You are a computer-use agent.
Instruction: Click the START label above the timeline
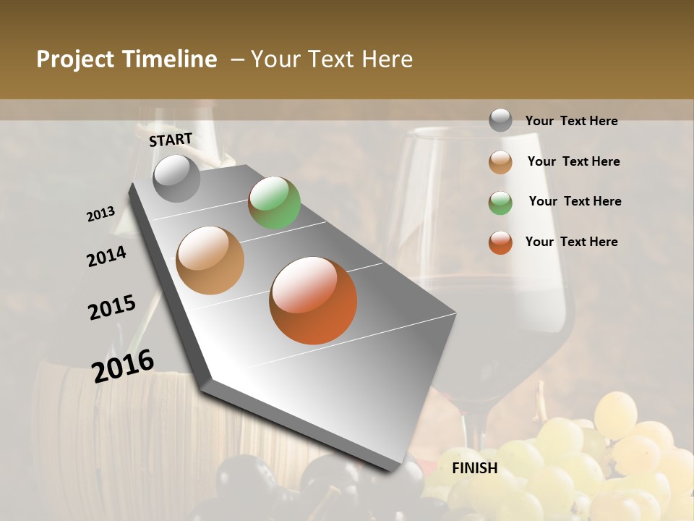pos(171,139)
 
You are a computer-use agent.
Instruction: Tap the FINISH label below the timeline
pos(475,468)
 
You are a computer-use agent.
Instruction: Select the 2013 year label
pos(100,214)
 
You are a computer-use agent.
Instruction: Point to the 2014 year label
pos(106,256)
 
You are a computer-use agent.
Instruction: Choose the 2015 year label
pos(112,307)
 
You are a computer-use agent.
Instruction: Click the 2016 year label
pos(123,365)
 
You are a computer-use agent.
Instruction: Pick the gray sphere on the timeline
pos(176,178)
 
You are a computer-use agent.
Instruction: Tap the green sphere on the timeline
pos(274,203)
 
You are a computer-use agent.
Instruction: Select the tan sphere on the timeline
pos(210,260)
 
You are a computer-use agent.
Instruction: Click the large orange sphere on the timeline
pos(313,300)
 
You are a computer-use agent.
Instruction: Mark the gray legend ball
pos(500,121)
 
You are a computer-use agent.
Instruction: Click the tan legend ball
pos(500,162)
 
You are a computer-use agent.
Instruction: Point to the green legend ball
pos(500,202)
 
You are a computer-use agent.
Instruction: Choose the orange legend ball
pos(500,242)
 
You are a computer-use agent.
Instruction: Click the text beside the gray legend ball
pos(571,121)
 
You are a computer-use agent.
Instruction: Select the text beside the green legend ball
pos(575,201)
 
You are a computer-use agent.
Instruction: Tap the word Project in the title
pos(75,59)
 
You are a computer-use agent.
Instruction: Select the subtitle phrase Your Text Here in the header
pos(332,59)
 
